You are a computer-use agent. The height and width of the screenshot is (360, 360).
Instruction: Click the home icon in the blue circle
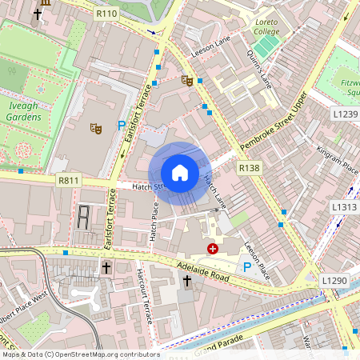pyautogui.click(x=180, y=172)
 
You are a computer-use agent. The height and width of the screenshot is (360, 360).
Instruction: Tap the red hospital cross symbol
pyautogui.click(x=213, y=249)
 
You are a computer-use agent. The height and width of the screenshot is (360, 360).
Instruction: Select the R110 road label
pyautogui.click(x=106, y=14)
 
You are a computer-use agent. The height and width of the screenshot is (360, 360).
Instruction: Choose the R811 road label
pyautogui.click(x=69, y=181)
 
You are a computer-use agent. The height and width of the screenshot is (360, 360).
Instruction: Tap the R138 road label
pyautogui.click(x=250, y=167)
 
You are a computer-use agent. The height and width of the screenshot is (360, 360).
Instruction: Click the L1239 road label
pyautogui.click(x=345, y=114)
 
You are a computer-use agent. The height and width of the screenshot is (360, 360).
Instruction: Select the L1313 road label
pyautogui.click(x=345, y=206)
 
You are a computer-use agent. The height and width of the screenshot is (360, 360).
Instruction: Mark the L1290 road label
pyautogui.click(x=335, y=281)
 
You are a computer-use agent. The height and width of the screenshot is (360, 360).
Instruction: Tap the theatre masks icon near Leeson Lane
pyautogui.click(x=187, y=80)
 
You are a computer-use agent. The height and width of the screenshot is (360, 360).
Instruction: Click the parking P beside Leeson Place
pyautogui.click(x=247, y=266)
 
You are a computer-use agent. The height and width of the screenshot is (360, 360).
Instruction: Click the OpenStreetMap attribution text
pyautogui.click(x=80, y=354)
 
